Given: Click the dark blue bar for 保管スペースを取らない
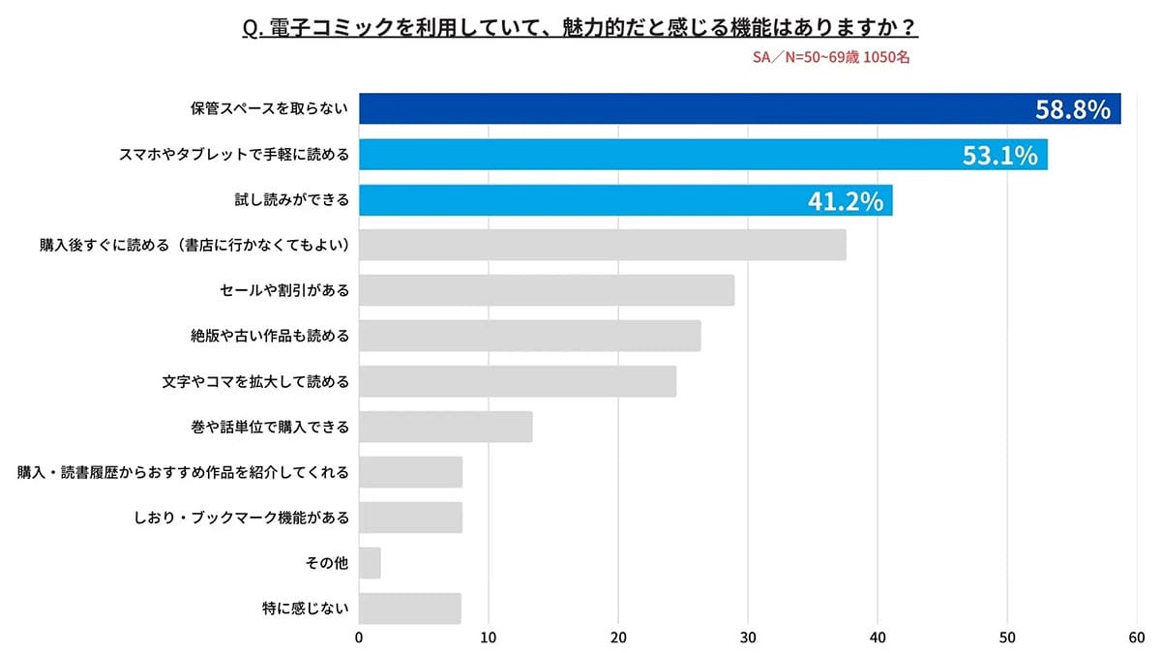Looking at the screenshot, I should click(677, 108).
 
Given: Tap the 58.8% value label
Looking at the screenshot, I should click(1072, 109).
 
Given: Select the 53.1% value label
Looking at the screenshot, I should click(999, 155).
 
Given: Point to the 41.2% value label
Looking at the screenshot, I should click(845, 200).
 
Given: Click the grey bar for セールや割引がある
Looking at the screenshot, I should click(547, 290).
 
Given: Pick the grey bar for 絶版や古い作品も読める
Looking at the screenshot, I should click(530, 336).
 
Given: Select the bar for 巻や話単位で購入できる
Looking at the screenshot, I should click(446, 427).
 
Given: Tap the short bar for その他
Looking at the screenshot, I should click(370, 563).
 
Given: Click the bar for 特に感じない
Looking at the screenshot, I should click(410, 608).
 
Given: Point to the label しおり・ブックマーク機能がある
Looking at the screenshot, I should click(241, 518).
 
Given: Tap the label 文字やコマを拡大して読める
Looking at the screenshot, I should click(255, 381).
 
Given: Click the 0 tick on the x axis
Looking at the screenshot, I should click(359, 638).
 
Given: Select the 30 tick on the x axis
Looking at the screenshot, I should click(748, 638).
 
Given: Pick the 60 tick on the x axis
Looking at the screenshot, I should click(1137, 638).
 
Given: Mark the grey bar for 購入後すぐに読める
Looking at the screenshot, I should click(603, 245).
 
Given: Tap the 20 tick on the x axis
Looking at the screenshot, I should click(618, 638).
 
